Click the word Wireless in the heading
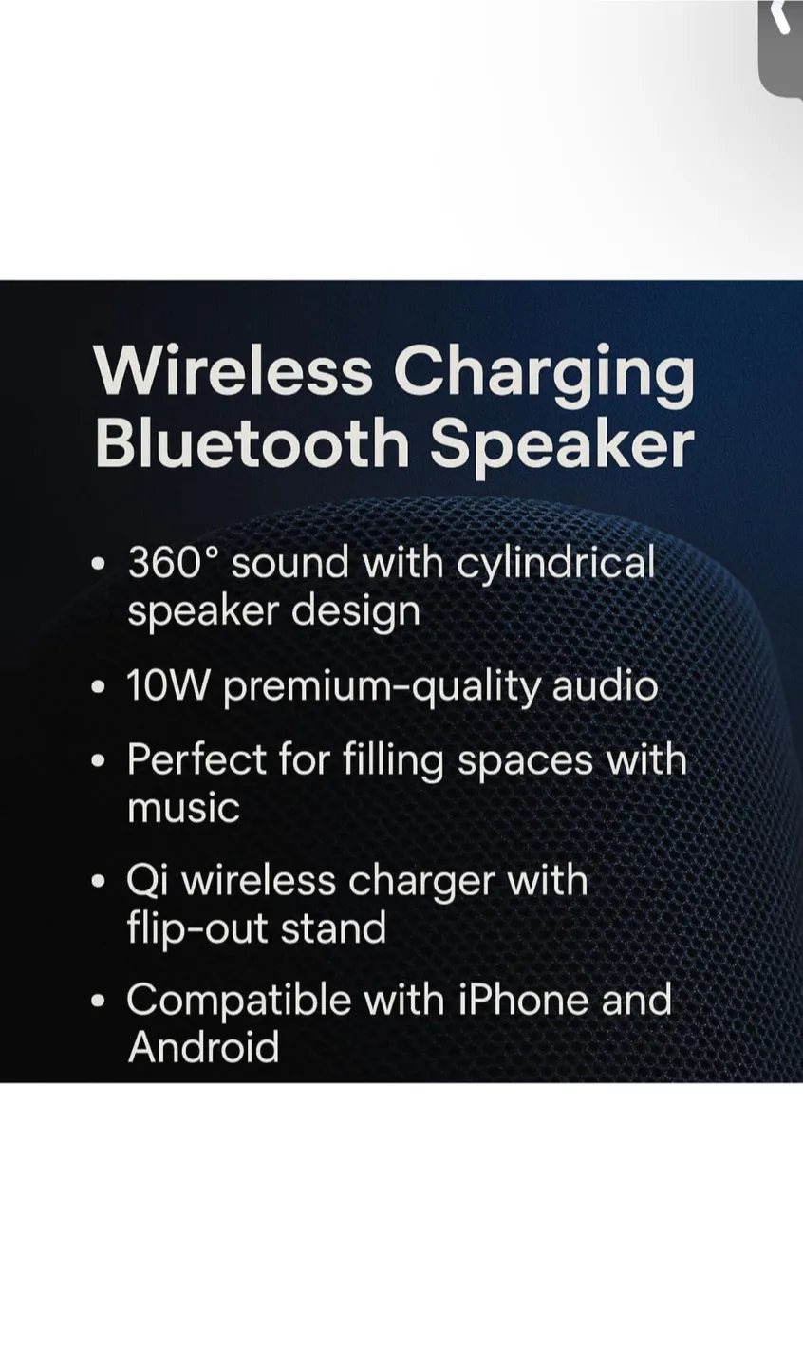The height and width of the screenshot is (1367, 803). pyautogui.click(x=233, y=370)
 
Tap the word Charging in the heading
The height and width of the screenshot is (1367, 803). pyautogui.click(x=544, y=372)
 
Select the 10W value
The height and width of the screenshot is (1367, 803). pyautogui.click(x=166, y=685)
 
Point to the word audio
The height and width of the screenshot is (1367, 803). pyautogui.click(x=605, y=685)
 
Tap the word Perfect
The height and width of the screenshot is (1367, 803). pyautogui.click(x=196, y=759)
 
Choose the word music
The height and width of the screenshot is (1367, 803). pyautogui.click(x=183, y=808)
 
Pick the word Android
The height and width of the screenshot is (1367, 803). pyautogui.click(x=203, y=1047)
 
